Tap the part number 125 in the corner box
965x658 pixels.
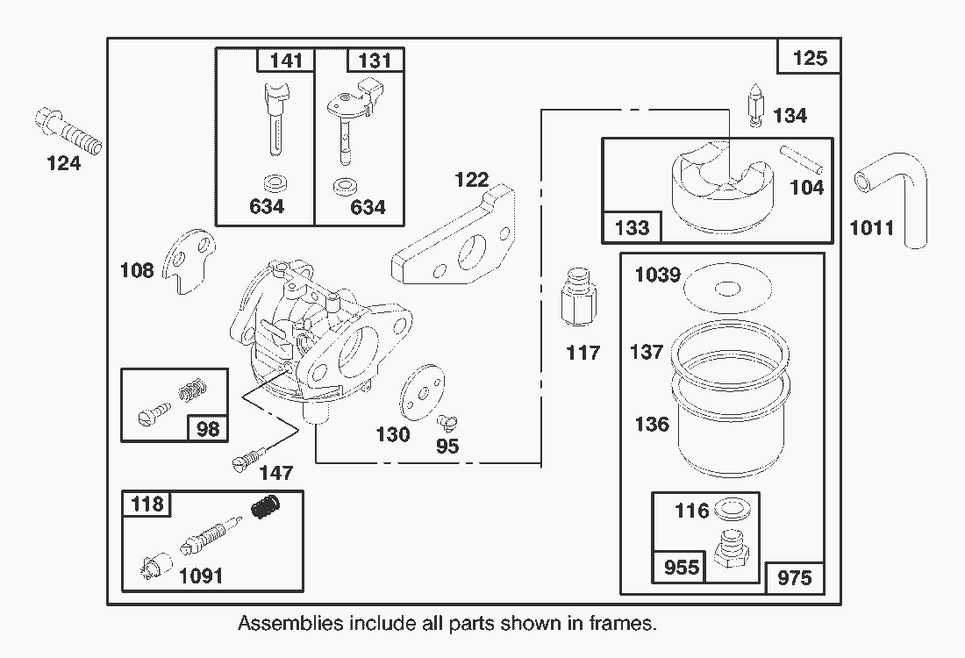[x=809, y=58]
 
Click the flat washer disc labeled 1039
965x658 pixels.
[x=727, y=288]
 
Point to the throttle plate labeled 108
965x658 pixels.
[x=192, y=261]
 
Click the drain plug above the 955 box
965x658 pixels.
[x=729, y=550]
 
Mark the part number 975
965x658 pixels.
[x=794, y=578]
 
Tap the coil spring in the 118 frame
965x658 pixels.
[x=266, y=507]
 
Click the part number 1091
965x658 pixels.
[x=200, y=576]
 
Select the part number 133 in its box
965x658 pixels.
[x=632, y=227]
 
